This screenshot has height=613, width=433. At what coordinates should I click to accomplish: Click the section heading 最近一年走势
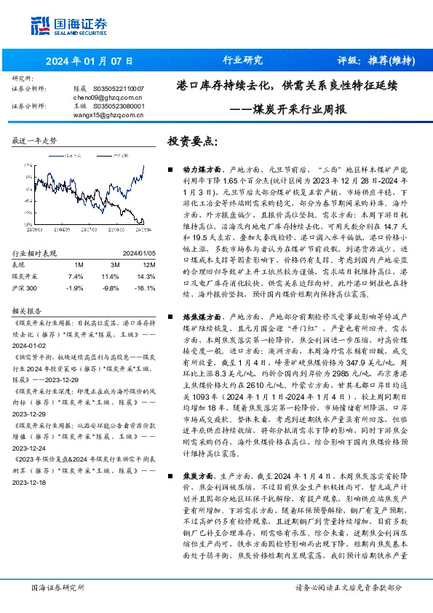35,141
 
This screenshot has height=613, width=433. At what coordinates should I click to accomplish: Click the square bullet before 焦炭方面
171,471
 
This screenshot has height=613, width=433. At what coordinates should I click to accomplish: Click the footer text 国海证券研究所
57,587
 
